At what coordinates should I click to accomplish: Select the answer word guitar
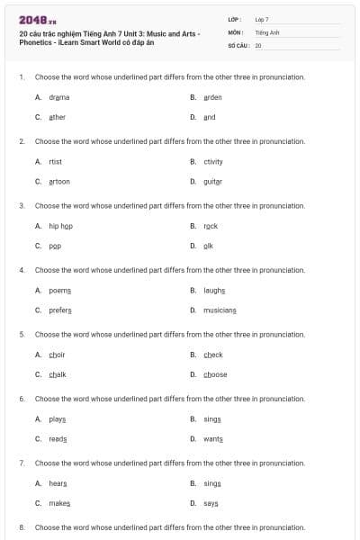tap(212, 181)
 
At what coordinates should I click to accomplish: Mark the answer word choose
tap(215, 374)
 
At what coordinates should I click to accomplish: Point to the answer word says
tap(211, 503)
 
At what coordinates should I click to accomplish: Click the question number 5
tap(21, 334)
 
